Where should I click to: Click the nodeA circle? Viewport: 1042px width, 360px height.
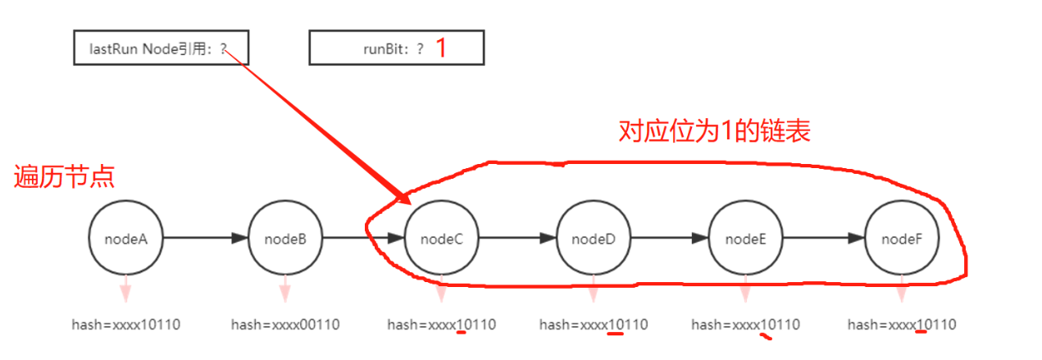125,239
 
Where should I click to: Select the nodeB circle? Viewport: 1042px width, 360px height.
285,239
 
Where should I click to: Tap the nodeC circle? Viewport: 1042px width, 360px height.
441,239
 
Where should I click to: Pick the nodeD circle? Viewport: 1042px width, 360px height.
593,239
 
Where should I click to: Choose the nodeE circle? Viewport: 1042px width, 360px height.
745,239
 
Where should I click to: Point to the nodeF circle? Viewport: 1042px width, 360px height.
902,239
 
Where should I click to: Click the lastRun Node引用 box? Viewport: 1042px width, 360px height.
161,48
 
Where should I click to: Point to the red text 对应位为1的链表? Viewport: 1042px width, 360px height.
714,131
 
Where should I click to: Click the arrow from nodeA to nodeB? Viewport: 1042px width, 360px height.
205,239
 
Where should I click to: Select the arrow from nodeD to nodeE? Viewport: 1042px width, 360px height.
669,239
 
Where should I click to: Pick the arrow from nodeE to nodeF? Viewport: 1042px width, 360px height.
823,239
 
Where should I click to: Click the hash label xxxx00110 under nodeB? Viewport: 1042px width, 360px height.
284,325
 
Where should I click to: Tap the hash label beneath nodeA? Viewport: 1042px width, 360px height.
125,325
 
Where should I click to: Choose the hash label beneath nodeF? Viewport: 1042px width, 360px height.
901,325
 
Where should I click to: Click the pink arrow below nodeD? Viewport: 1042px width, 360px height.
593,289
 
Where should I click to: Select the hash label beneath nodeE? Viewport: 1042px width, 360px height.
745,325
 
